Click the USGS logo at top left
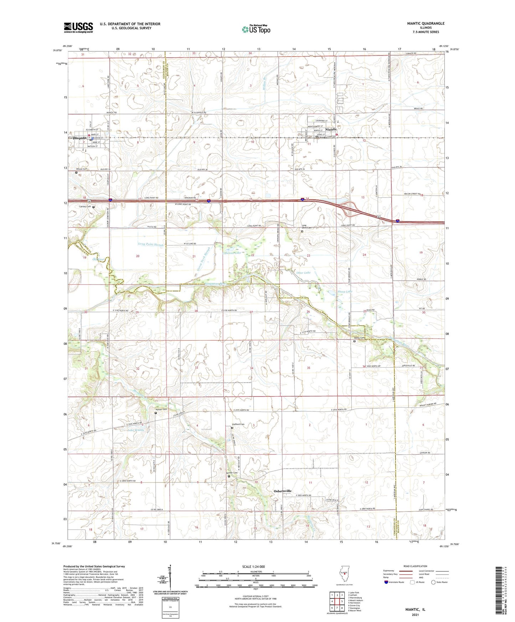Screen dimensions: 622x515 coord(78,27)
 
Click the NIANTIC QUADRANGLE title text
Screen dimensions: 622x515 coord(426,24)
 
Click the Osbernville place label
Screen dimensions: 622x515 coord(282,491)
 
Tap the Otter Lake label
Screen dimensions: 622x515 coord(303,273)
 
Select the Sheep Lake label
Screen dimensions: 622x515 coord(345,291)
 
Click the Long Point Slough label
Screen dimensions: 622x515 coord(150,244)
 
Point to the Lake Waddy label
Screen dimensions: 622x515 coord(136,430)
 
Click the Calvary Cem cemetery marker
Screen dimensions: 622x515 coord(94,207)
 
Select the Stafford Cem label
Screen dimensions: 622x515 coord(238,424)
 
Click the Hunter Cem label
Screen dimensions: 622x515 coord(161,409)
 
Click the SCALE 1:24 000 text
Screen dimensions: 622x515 coord(253,566)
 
